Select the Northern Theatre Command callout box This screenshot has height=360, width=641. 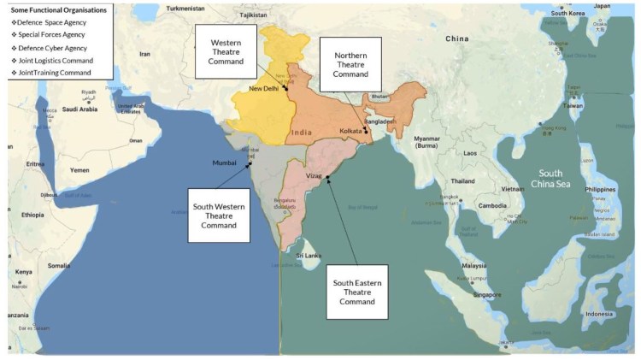(x=350, y=64)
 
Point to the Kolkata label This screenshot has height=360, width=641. (x=349, y=131)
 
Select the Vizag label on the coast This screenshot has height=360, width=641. (x=314, y=175)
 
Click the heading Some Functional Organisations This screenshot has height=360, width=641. (x=57, y=9)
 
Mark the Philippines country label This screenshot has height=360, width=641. (x=600, y=189)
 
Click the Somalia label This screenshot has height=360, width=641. (x=59, y=265)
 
